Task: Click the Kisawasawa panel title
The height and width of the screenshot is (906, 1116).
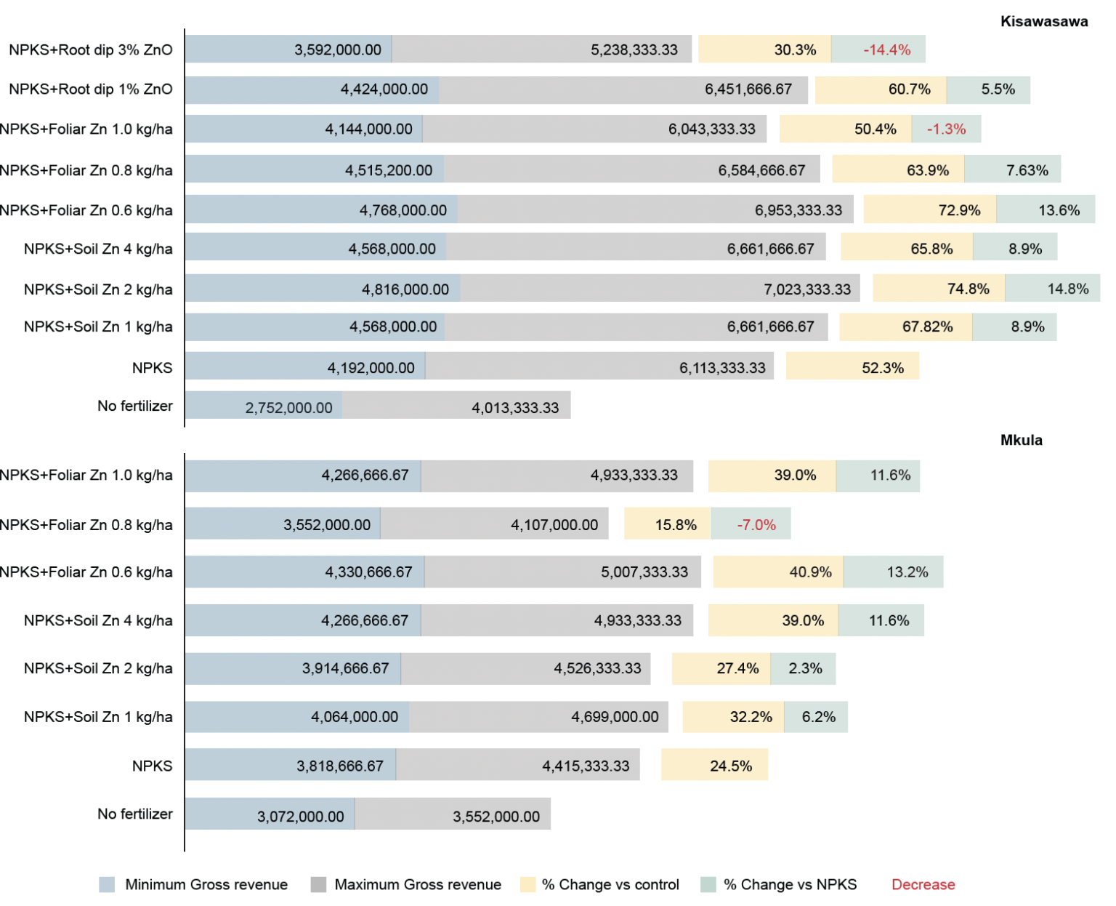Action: pyautogui.click(x=1043, y=22)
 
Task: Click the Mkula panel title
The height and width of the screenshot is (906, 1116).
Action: pyautogui.click(x=1021, y=440)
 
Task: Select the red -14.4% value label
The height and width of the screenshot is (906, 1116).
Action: pyautogui.click(x=886, y=50)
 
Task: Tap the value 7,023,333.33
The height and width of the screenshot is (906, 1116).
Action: pyautogui.click(x=806, y=289)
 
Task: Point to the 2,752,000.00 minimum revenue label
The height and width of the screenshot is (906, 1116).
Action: pyautogui.click(x=288, y=408)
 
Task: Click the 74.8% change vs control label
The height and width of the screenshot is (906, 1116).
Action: pyautogui.click(x=968, y=289)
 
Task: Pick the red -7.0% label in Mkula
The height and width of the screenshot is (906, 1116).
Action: pyautogui.click(x=756, y=525)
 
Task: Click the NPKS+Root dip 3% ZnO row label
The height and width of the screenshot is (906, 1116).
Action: pyautogui.click(x=91, y=50)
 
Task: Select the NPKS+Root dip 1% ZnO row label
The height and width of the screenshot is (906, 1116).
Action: pyautogui.click(x=91, y=89)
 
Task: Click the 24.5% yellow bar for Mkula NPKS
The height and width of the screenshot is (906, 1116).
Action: pyautogui.click(x=714, y=766)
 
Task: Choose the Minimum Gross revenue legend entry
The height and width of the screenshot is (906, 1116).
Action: pyautogui.click(x=206, y=885)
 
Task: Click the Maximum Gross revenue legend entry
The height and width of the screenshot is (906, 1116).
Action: pyautogui.click(x=417, y=885)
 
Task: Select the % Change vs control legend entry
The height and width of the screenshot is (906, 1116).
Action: pyautogui.click(x=610, y=885)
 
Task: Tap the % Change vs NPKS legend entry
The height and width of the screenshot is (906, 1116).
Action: pyautogui.click(x=790, y=885)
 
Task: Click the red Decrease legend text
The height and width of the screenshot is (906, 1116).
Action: pyautogui.click(x=923, y=885)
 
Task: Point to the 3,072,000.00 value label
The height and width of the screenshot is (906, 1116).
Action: pyautogui.click(x=300, y=817)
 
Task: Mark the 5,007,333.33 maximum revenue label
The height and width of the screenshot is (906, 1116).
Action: pyautogui.click(x=644, y=572)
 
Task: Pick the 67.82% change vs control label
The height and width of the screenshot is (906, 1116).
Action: pyautogui.click(x=927, y=327)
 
